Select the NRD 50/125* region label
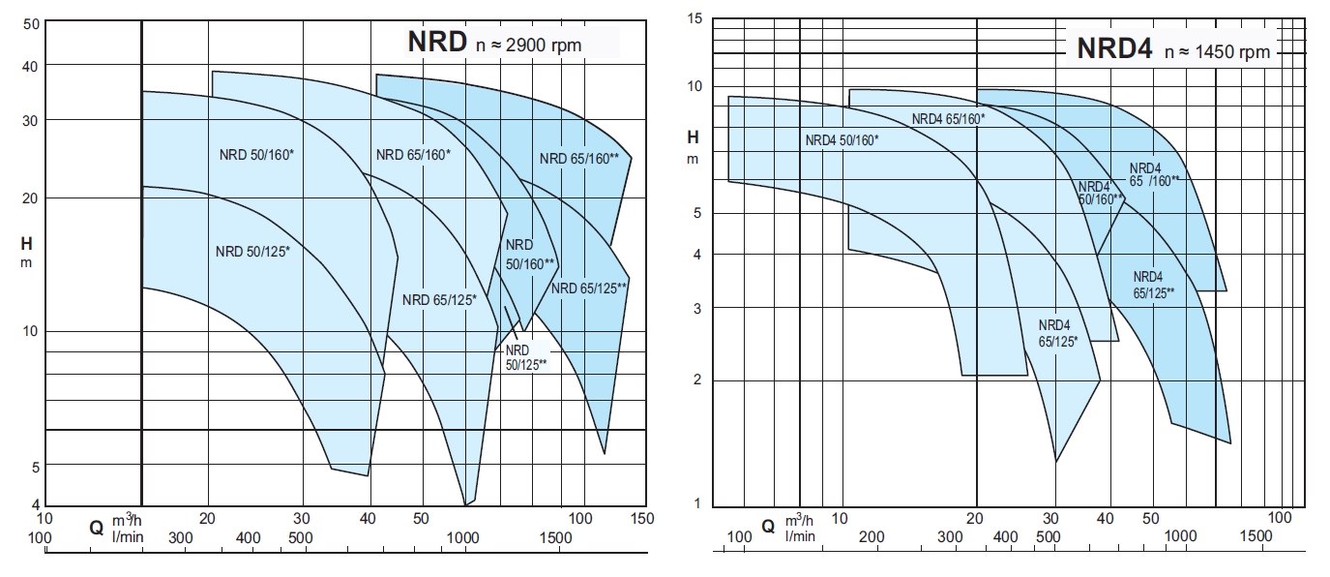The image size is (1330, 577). [x=252, y=252]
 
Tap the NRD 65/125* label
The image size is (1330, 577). [x=439, y=300]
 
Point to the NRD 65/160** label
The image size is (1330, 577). [x=579, y=159]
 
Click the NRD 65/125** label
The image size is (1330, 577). [x=589, y=288]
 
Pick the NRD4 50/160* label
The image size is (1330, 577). [x=842, y=140]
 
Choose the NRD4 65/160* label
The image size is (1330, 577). [x=948, y=118]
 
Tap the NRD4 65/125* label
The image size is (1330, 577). [x=1058, y=333]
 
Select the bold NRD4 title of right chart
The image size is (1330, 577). [x=1115, y=49]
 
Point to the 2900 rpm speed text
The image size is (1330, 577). [x=529, y=45]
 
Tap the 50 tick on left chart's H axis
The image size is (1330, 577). [x=28, y=23]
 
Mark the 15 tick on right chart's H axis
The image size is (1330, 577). [x=693, y=18]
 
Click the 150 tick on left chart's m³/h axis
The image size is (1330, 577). [x=641, y=519]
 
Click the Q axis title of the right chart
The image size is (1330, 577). [x=768, y=527]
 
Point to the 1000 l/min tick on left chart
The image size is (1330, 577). [x=463, y=537]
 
